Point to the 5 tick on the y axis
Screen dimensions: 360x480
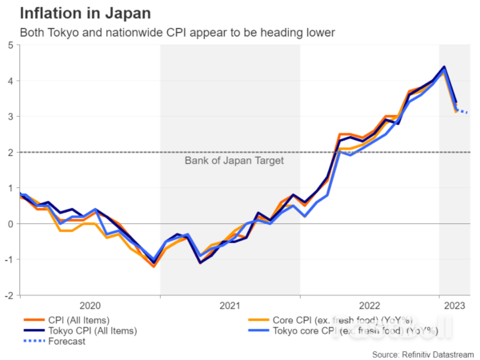[x=9, y=45]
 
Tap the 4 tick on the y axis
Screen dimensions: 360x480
[x=9, y=81]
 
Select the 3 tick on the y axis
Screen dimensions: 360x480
[x=9, y=117]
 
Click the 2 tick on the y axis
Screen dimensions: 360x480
[x=9, y=152]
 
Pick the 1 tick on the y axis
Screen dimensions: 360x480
[x=9, y=188]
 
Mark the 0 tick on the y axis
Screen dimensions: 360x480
[x=9, y=224]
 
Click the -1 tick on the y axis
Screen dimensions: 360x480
[x=7, y=259]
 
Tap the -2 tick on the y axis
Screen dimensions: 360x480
[x=7, y=295]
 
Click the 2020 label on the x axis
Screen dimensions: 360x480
[x=90, y=306]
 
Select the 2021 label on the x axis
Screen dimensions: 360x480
[x=230, y=306]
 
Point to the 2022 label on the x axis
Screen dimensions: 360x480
[x=369, y=306]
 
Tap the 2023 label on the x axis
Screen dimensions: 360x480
[x=454, y=306]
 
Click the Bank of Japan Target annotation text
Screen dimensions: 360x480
[x=234, y=161]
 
